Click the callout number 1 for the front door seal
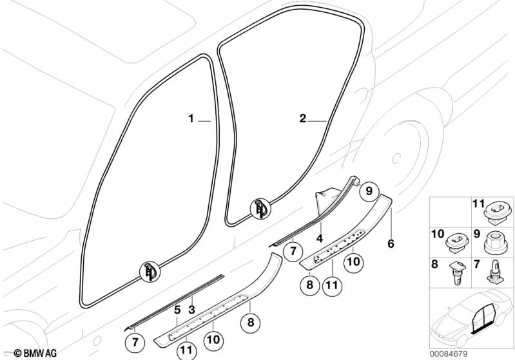191,118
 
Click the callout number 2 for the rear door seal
303,118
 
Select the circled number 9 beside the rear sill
367,191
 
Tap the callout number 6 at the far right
391,244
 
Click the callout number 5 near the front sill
177,310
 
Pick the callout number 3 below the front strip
191,310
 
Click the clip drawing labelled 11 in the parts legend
496,209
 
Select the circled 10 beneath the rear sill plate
353,262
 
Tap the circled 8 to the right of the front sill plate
251,322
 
